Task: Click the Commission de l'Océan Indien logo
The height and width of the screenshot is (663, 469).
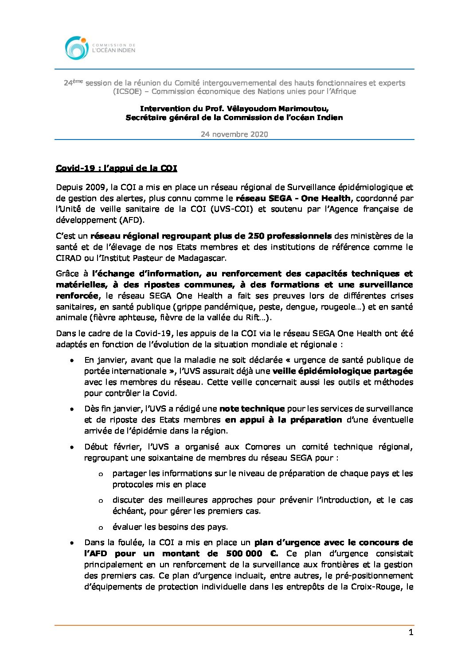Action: pos(100,48)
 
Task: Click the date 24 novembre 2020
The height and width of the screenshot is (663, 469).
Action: pos(234,134)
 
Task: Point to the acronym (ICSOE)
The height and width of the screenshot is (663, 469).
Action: pos(128,92)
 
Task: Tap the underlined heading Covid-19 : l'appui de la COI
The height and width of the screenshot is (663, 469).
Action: pos(116,168)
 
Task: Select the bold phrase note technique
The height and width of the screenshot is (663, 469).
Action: pos(252,409)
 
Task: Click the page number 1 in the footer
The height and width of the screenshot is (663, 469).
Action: pos(411,632)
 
